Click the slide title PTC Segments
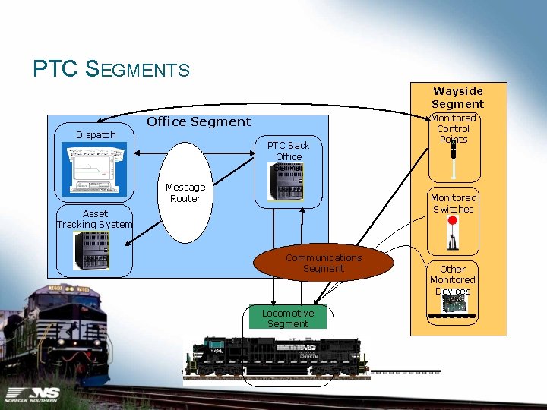(111, 70)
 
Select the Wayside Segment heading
(457, 97)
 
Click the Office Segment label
(198, 121)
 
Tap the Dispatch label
(96, 135)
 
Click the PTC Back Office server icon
(287, 183)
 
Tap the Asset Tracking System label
(95, 219)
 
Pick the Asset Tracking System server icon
(91, 250)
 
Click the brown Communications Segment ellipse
(324, 263)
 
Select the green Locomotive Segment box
(287, 318)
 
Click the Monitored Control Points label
(454, 128)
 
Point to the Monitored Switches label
(454, 203)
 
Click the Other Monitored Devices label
(453, 279)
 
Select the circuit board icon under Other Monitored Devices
(454, 304)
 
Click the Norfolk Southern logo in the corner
(34, 394)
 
